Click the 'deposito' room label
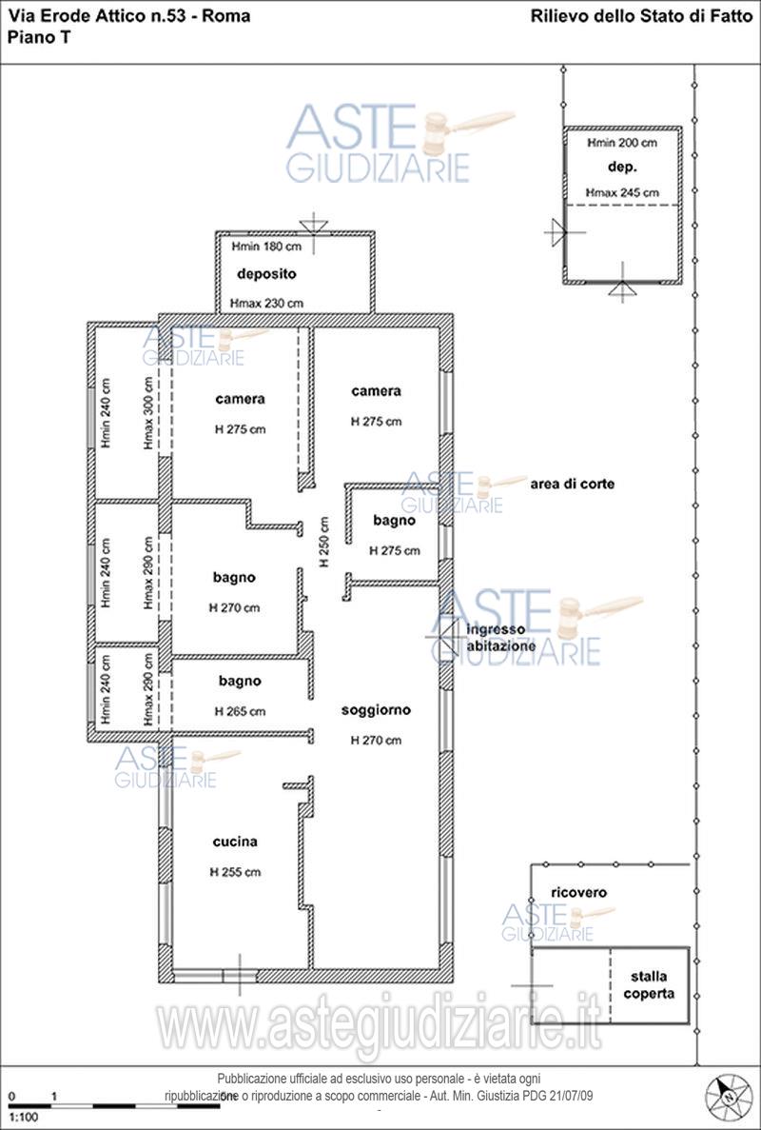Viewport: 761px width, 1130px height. (266, 274)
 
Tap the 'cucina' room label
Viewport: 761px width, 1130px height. (235, 842)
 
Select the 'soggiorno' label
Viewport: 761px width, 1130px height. (376, 710)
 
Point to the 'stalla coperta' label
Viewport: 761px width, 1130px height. (650, 986)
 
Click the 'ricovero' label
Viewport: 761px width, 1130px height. (579, 892)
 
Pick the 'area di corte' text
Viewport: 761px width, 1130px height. (573, 484)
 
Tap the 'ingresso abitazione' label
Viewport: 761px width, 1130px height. (501, 639)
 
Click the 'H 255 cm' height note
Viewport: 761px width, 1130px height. (235, 872)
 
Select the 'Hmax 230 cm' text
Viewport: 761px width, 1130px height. (266, 304)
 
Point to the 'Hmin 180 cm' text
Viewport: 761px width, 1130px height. (266, 247)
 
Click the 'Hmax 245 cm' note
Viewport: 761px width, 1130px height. (622, 192)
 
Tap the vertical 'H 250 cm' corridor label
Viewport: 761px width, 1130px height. (324, 542)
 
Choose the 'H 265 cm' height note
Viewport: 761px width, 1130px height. (240, 711)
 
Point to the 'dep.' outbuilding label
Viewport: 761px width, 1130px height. (622, 168)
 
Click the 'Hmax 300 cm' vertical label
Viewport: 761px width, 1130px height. (147, 413)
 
